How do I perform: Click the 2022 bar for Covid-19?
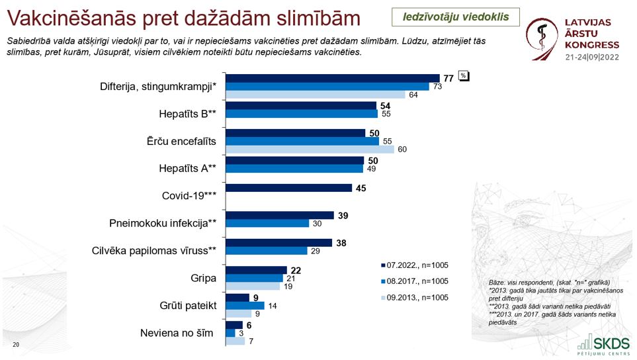tap(288, 188)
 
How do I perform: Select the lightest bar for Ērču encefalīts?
tap(310, 149)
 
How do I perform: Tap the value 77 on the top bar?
tap(448, 78)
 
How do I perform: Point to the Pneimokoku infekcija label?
tap(163, 223)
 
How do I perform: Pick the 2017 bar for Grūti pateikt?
tap(245, 306)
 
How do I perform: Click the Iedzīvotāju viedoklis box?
tap(455, 17)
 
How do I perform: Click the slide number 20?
tap(16, 345)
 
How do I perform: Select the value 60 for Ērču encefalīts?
tap(402, 150)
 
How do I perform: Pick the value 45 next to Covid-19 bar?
tap(361, 188)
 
